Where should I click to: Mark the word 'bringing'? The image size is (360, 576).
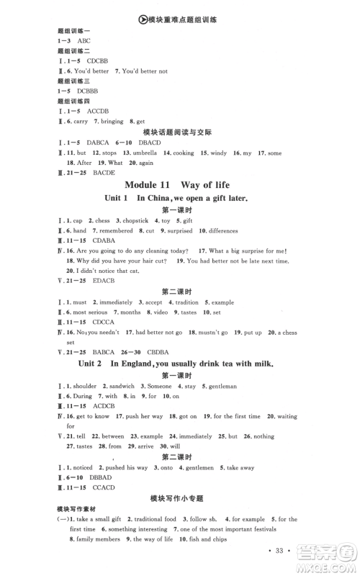(112, 122)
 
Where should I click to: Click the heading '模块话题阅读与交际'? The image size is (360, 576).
(179, 132)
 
